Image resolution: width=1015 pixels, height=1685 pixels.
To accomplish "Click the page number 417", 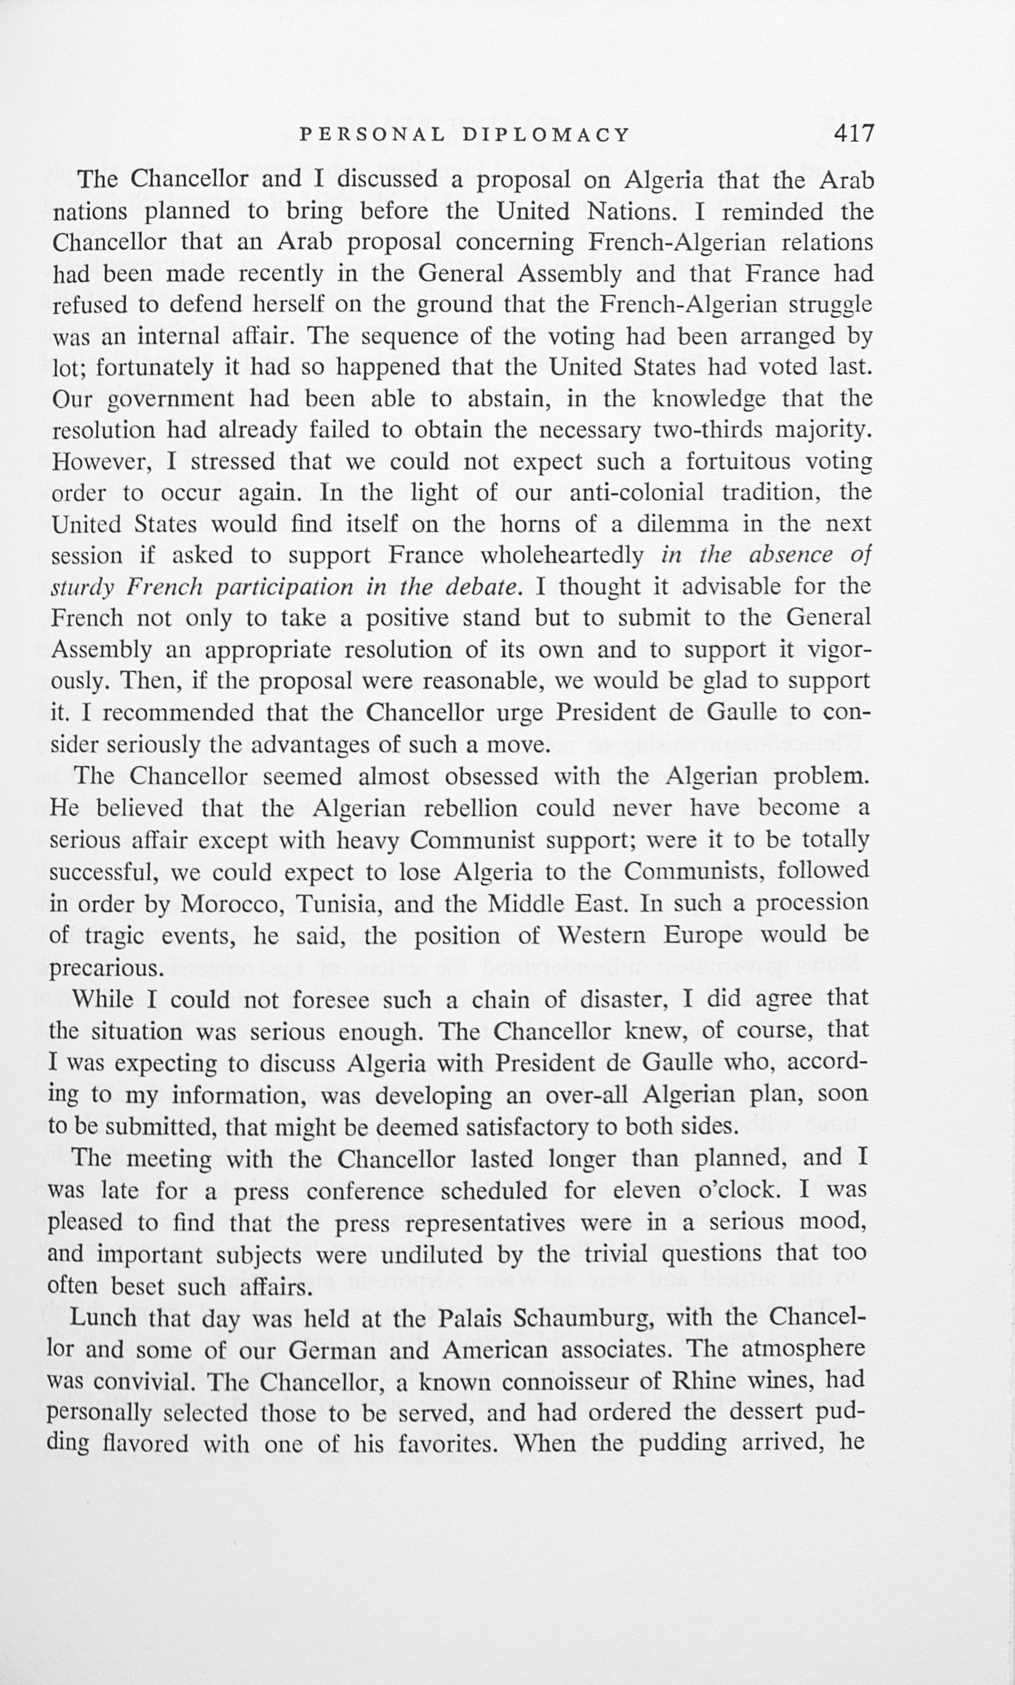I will point(854,132).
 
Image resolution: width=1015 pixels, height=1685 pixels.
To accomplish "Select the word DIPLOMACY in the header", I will point(546,135).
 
